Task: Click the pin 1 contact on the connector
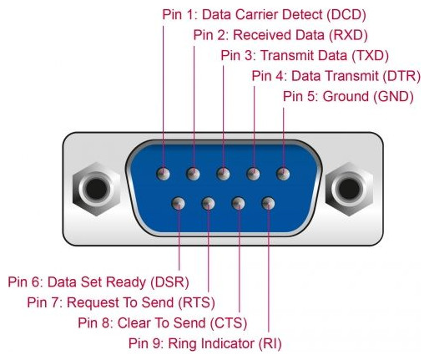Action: click(x=163, y=174)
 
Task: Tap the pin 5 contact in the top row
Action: click(x=283, y=174)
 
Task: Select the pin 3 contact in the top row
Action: click(x=223, y=174)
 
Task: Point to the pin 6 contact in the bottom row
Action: click(x=179, y=204)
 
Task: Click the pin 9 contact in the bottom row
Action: click(x=269, y=204)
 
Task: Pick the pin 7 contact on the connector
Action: click(x=209, y=204)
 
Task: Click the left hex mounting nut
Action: click(x=96, y=189)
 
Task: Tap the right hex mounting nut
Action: click(x=350, y=189)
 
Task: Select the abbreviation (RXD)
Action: click(x=348, y=35)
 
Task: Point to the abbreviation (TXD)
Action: click(x=370, y=56)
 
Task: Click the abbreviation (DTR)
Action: click(x=401, y=76)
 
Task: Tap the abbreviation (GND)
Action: click(x=393, y=97)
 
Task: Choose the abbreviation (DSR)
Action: click(x=169, y=282)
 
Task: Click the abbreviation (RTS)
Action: click(x=196, y=302)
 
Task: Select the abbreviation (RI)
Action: click(x=270, y=343)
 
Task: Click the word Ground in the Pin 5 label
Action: click(x=346, y=97)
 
